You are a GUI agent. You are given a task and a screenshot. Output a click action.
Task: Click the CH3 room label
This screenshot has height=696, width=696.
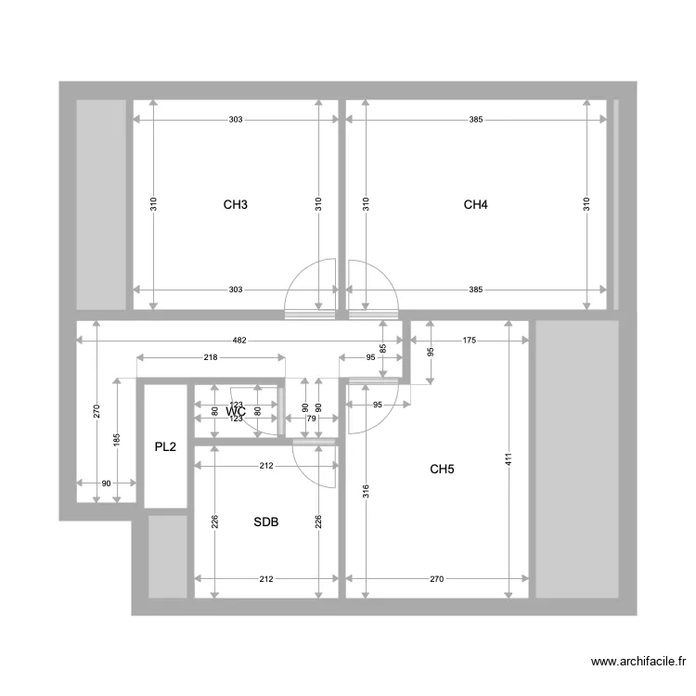click(x=236, y=204)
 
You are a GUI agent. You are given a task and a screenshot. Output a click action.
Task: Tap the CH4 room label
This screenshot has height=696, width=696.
click(x=475, y=204)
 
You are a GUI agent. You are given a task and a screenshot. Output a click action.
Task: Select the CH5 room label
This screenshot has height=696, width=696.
click(x=442, y=470)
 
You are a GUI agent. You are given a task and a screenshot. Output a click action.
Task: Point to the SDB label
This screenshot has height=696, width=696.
click(x=266, y=522)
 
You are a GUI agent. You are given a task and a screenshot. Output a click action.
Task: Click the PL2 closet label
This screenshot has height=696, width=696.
click(x=165, y=447)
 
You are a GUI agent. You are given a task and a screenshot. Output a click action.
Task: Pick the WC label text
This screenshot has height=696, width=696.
click(x=236, y=411)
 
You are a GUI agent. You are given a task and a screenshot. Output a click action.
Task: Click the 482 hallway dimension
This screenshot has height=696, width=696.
click(x=239, y=341)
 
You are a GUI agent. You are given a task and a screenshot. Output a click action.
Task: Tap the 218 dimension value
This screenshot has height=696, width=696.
click(x=211, y=357)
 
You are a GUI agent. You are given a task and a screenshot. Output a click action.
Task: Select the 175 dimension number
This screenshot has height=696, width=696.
click(x=469, y=341)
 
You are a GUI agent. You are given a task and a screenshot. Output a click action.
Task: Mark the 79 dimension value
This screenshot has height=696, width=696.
click(x=311, y=419)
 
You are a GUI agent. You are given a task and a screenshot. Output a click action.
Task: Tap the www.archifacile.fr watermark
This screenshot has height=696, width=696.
click(x=639, y=662)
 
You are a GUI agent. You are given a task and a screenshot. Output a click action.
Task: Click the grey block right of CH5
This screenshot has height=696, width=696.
click(x=577, y=459)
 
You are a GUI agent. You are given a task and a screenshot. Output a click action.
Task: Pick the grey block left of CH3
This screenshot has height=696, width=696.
click(x=100, y=204)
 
